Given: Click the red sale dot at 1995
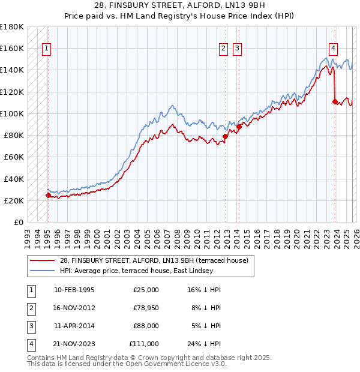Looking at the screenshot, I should point(48,195).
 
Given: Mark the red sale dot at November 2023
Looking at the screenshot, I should point(335,101).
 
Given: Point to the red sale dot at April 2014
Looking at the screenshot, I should point(239,127).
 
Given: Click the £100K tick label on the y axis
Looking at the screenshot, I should point(12,113).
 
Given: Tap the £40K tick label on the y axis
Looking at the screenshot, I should point(14,179).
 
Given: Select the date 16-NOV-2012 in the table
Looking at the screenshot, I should point(74,308).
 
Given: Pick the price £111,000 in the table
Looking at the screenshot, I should point(144,344).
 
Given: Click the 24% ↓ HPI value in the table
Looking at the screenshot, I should point(204,344).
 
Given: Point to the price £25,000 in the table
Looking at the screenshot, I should point(146,290).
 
